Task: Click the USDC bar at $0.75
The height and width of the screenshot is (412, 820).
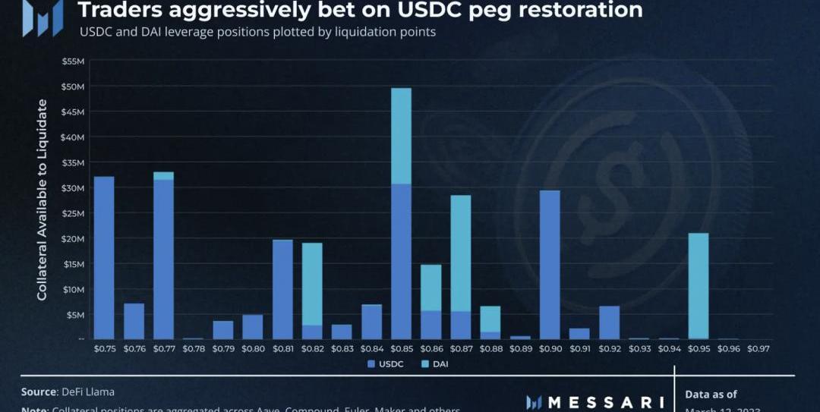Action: coord(103,257)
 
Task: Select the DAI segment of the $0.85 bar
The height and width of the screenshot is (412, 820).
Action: coord(401,136)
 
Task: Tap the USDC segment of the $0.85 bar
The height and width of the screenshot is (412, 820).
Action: coord(401,261)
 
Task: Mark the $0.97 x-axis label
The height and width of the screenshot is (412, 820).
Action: coord(758,349)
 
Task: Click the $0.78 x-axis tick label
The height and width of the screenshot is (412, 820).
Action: coord(193,349)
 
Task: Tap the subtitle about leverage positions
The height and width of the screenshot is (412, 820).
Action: coord(257,33)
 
